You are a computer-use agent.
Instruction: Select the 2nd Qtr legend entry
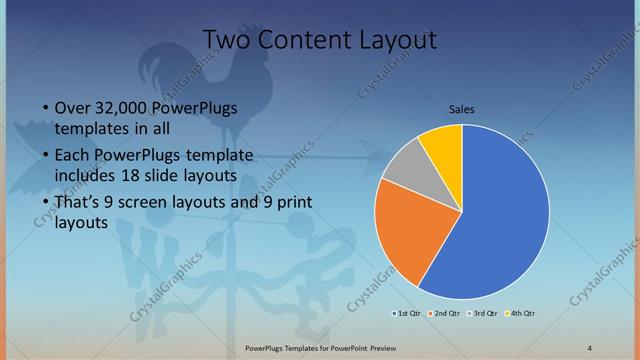click(x=446, y=313)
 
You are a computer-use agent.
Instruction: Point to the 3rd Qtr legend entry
click(x=483, y=313)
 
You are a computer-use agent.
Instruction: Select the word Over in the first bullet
click(x=71, y=108)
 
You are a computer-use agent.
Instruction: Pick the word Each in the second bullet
click(x=71, y=155)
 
